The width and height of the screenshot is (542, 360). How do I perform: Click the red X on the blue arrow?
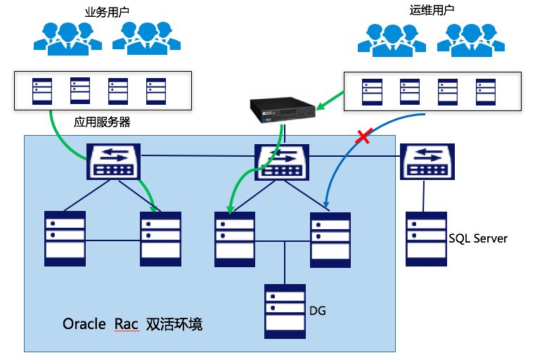coord(363,137)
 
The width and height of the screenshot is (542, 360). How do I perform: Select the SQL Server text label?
coord(478,239)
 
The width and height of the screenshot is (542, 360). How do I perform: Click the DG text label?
coord(318,309)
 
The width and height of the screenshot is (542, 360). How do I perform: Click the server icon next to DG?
coord(285,311)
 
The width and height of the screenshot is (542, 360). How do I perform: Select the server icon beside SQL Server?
coord(425,239)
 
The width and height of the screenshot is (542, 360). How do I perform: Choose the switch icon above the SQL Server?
coord(428,161)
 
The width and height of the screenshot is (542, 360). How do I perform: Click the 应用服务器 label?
coord(102,122)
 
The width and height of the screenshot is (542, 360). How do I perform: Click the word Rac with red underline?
coord(127,325)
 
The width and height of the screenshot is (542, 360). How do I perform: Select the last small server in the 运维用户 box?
coord(483,91)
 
